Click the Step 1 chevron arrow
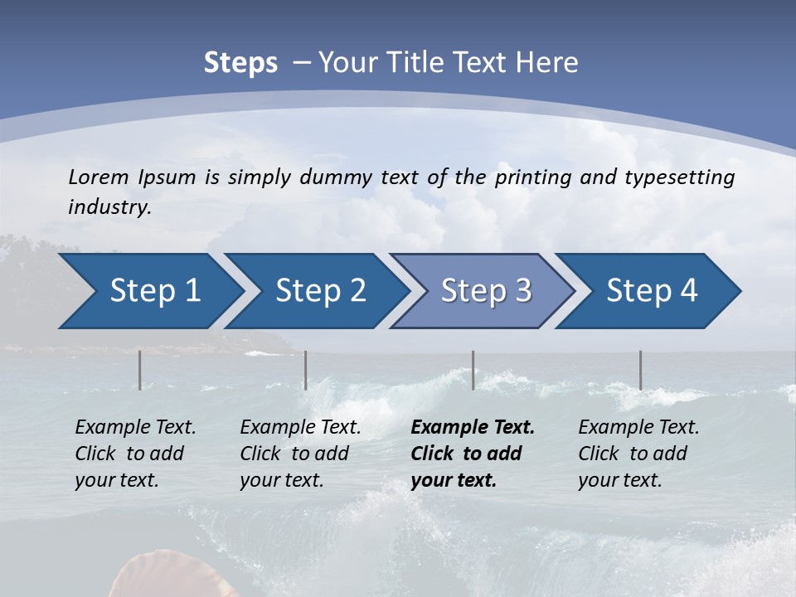[x=149, y=291]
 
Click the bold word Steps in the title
[x=240, y=63]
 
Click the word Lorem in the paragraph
[x=99, y=177]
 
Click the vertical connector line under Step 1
[x=140, y=370]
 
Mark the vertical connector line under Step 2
[x=306, y=370]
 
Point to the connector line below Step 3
[x=473, y=370]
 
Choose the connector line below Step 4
[x=640, y=370]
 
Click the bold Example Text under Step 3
[x=473, y=428]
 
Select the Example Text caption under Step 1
[x=135, y=428]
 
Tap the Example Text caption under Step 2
[x=300, y=428]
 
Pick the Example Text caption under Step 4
[x=638, y=428]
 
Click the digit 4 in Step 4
[x=688, y=291]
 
